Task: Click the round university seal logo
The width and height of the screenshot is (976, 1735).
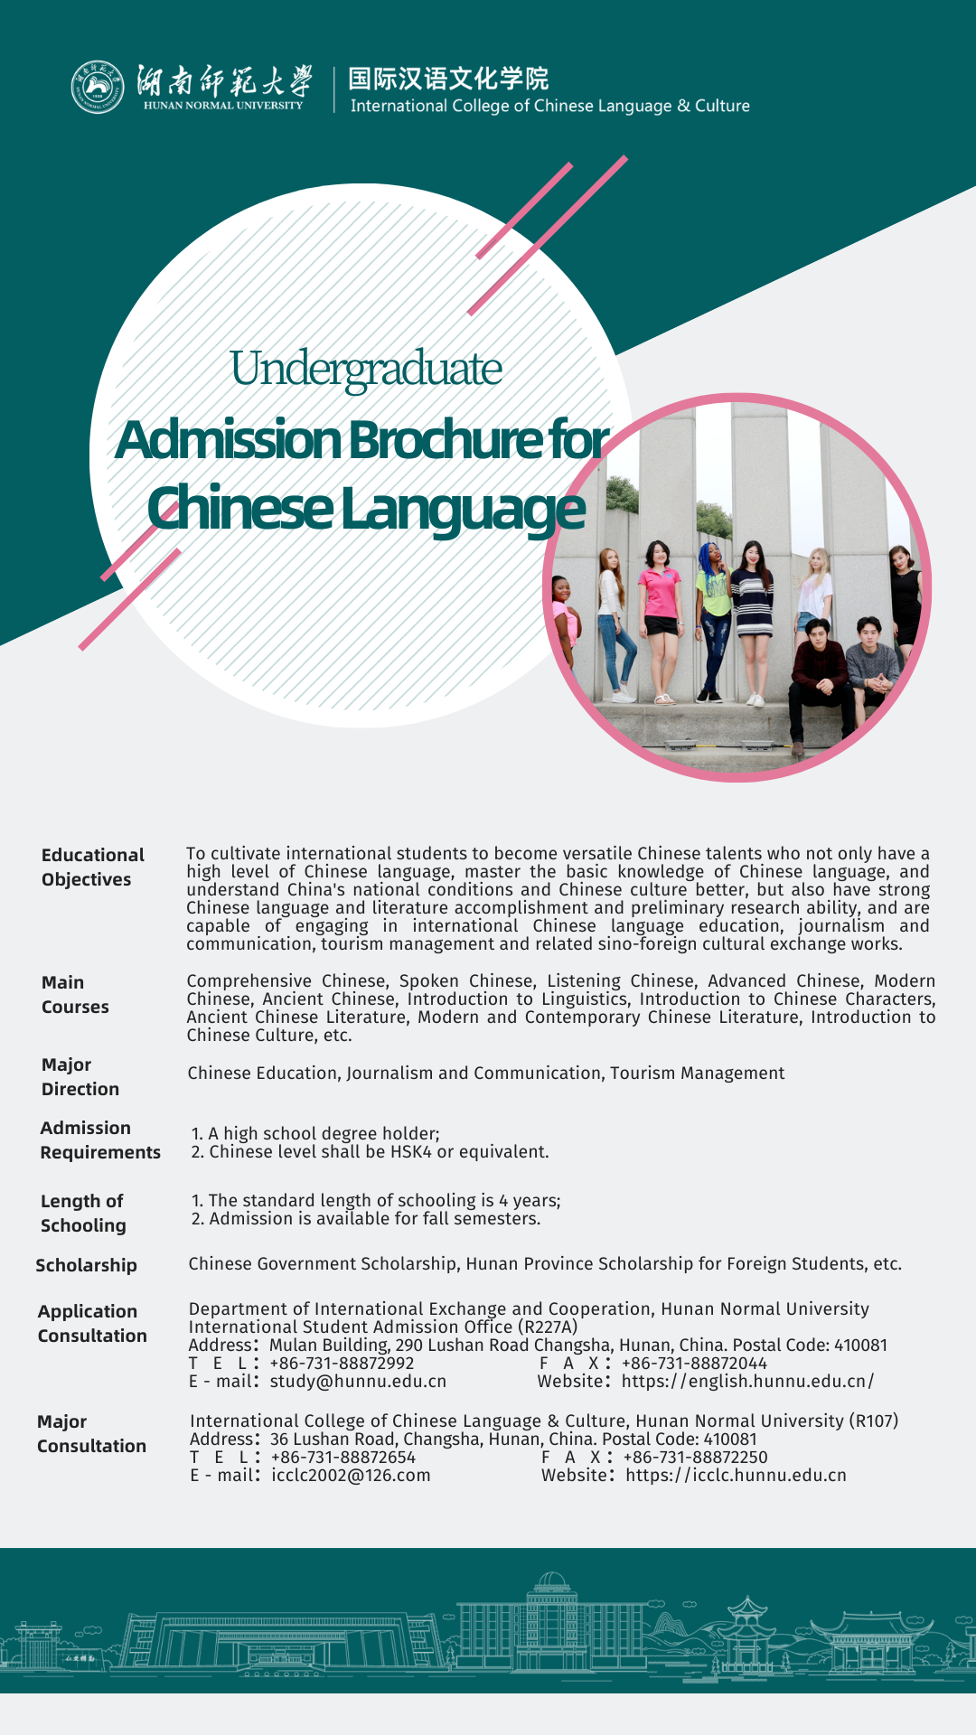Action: [98, 88]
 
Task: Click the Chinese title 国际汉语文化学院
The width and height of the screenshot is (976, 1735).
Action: [448, 79]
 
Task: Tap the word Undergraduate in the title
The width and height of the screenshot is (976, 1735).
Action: [366, 369]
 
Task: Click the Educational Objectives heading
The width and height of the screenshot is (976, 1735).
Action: [92, 867]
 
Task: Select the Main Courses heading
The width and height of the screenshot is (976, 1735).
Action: [75, 994]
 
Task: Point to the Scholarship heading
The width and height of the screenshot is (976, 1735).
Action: [86, 1265]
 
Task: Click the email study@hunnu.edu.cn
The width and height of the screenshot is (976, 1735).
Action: [358, 1381]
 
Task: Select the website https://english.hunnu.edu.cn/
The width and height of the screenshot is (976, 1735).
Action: [747, 1381]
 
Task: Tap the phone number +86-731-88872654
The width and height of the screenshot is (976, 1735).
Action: [343, 1457]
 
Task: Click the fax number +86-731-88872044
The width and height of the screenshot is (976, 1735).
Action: [694, 1363]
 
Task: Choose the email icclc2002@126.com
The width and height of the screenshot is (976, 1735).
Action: [351, 1475]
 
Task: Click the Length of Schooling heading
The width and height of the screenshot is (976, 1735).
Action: [83, 1213]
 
